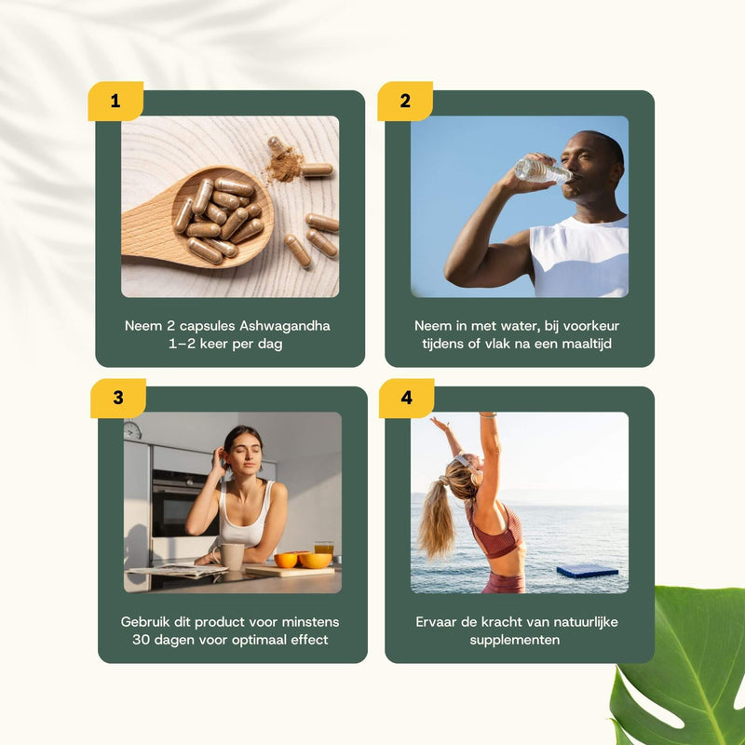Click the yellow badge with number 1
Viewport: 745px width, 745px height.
(x=115, y=101)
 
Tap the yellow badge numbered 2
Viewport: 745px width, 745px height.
(x=405, y=101)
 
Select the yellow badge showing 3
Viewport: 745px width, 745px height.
(x=118, y=398)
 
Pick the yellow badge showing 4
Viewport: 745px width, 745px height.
(x=406, y=398)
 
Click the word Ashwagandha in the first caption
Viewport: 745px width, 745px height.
(x=285, y=326)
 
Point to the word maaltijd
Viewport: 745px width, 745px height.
(x=587, y=344)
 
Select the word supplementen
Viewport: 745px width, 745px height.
(x=515, y=641)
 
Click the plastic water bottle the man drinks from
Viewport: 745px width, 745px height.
(x=543, y=170)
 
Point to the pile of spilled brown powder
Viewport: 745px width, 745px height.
(x=284, y=166)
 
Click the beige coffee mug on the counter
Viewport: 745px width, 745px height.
(x=230, y=556)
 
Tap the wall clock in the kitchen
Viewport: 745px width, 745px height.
(x=132, y=430)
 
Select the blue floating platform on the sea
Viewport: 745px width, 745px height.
(x=588, y=571)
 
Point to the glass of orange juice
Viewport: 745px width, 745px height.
(x=323, y=549)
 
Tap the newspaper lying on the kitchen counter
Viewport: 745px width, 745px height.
(x=178, y=570)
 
